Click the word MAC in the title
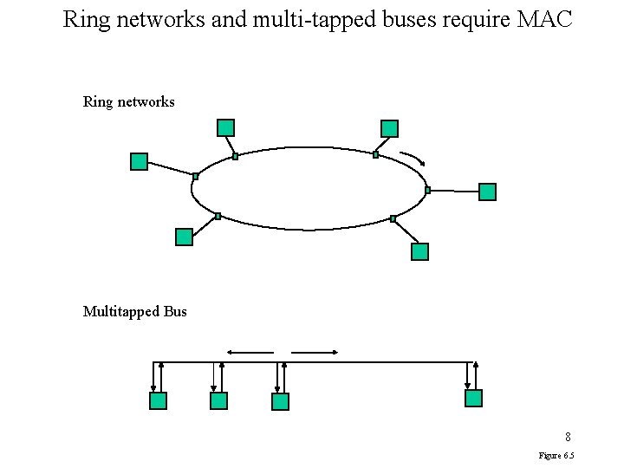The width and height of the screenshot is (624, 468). tap(544, 19)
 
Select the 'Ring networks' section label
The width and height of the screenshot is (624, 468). tap(128, 102)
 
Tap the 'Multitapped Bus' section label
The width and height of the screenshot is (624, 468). tap(134, 311)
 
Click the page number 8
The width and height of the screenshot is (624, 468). tap(568, 437)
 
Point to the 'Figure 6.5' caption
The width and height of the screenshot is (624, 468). tap(556, 456)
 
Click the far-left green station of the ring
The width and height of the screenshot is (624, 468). tap(139, 161)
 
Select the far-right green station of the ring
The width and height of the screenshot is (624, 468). tap(487, 192)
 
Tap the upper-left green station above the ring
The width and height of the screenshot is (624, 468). tap(225, 127)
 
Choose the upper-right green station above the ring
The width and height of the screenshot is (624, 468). tap(389, 128)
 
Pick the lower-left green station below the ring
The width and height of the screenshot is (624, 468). tap(184, 237)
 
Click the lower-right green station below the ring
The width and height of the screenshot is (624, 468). tap(419, 251)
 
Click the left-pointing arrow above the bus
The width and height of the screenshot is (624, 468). tap(250, 352)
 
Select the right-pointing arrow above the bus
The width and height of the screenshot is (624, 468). tap(315, 352)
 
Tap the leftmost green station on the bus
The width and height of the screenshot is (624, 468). tap(158, 400)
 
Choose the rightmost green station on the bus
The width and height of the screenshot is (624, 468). tap(473, 398)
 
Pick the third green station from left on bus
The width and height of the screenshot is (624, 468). tap(280, 401)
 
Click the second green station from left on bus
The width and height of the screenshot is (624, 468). tap(218, 400)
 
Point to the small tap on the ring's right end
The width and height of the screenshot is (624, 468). tap(428, 190)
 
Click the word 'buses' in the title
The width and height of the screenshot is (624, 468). tap(409, 19)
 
